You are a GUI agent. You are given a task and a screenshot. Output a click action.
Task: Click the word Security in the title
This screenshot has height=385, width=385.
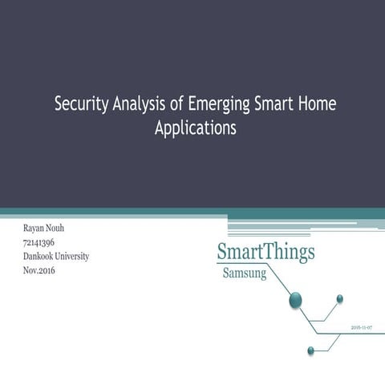82,105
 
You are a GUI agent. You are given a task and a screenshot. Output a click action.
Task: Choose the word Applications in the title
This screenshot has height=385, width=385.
195,127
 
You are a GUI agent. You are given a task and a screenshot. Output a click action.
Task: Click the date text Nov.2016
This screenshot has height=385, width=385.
40,269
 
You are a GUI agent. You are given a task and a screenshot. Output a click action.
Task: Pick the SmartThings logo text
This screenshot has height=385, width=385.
265,251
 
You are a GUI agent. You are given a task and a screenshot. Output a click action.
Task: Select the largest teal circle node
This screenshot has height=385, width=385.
295,301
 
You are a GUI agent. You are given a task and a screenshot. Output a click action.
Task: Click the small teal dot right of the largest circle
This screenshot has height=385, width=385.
339,298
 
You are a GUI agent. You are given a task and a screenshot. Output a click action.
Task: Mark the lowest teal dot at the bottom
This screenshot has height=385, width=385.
311,350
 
